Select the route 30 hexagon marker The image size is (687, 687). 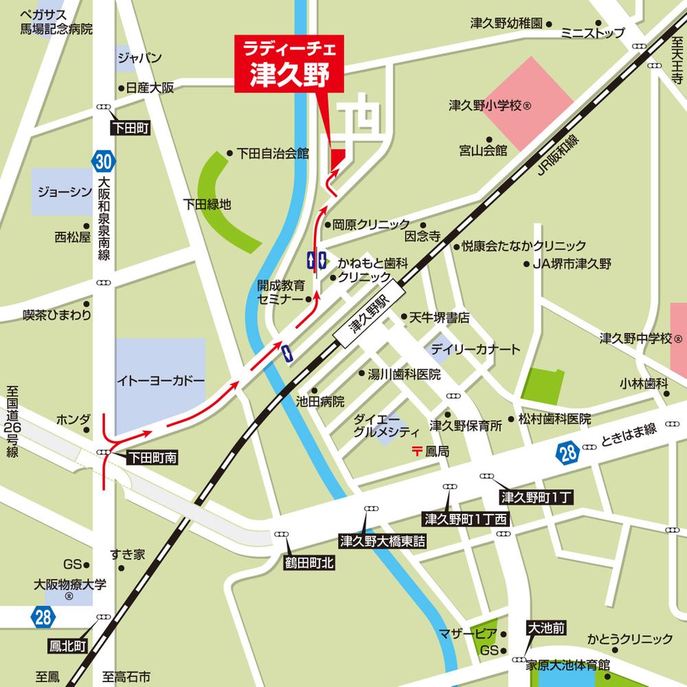point(102,162)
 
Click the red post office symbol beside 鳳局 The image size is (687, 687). point(416,451)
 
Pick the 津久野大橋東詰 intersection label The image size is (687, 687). point(383,541)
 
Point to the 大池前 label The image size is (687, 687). point(547,627)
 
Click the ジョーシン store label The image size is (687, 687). point(60,191)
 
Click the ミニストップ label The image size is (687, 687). point(592,33)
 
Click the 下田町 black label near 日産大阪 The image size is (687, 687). point(133,128)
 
